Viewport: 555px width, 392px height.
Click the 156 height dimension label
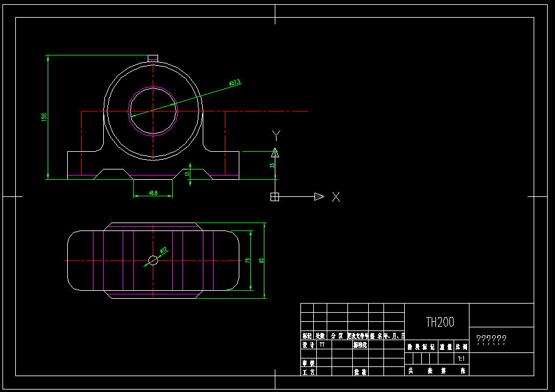44,116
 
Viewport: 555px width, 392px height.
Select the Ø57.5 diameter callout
235,82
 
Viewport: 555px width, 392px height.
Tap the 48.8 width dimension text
153,193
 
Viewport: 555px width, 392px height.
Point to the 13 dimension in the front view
188,174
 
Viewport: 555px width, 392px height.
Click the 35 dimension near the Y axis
272,165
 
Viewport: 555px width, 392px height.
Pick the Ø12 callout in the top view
164,250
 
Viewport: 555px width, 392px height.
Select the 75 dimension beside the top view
247,260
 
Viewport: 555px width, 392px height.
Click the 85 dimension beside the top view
261,260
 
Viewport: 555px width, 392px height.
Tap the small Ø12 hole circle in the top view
153,260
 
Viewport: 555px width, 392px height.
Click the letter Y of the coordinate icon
276,135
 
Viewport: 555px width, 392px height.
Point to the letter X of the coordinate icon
335,196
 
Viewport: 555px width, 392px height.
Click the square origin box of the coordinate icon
275,196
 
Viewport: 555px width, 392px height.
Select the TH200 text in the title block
440,323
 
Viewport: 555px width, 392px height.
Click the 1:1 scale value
461,359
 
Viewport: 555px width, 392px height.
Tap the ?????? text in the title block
491,340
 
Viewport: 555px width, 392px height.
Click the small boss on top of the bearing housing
153,58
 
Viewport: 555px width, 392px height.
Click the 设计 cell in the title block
307,344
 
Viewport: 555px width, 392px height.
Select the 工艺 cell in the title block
307,371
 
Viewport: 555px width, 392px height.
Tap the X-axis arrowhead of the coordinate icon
319,196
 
